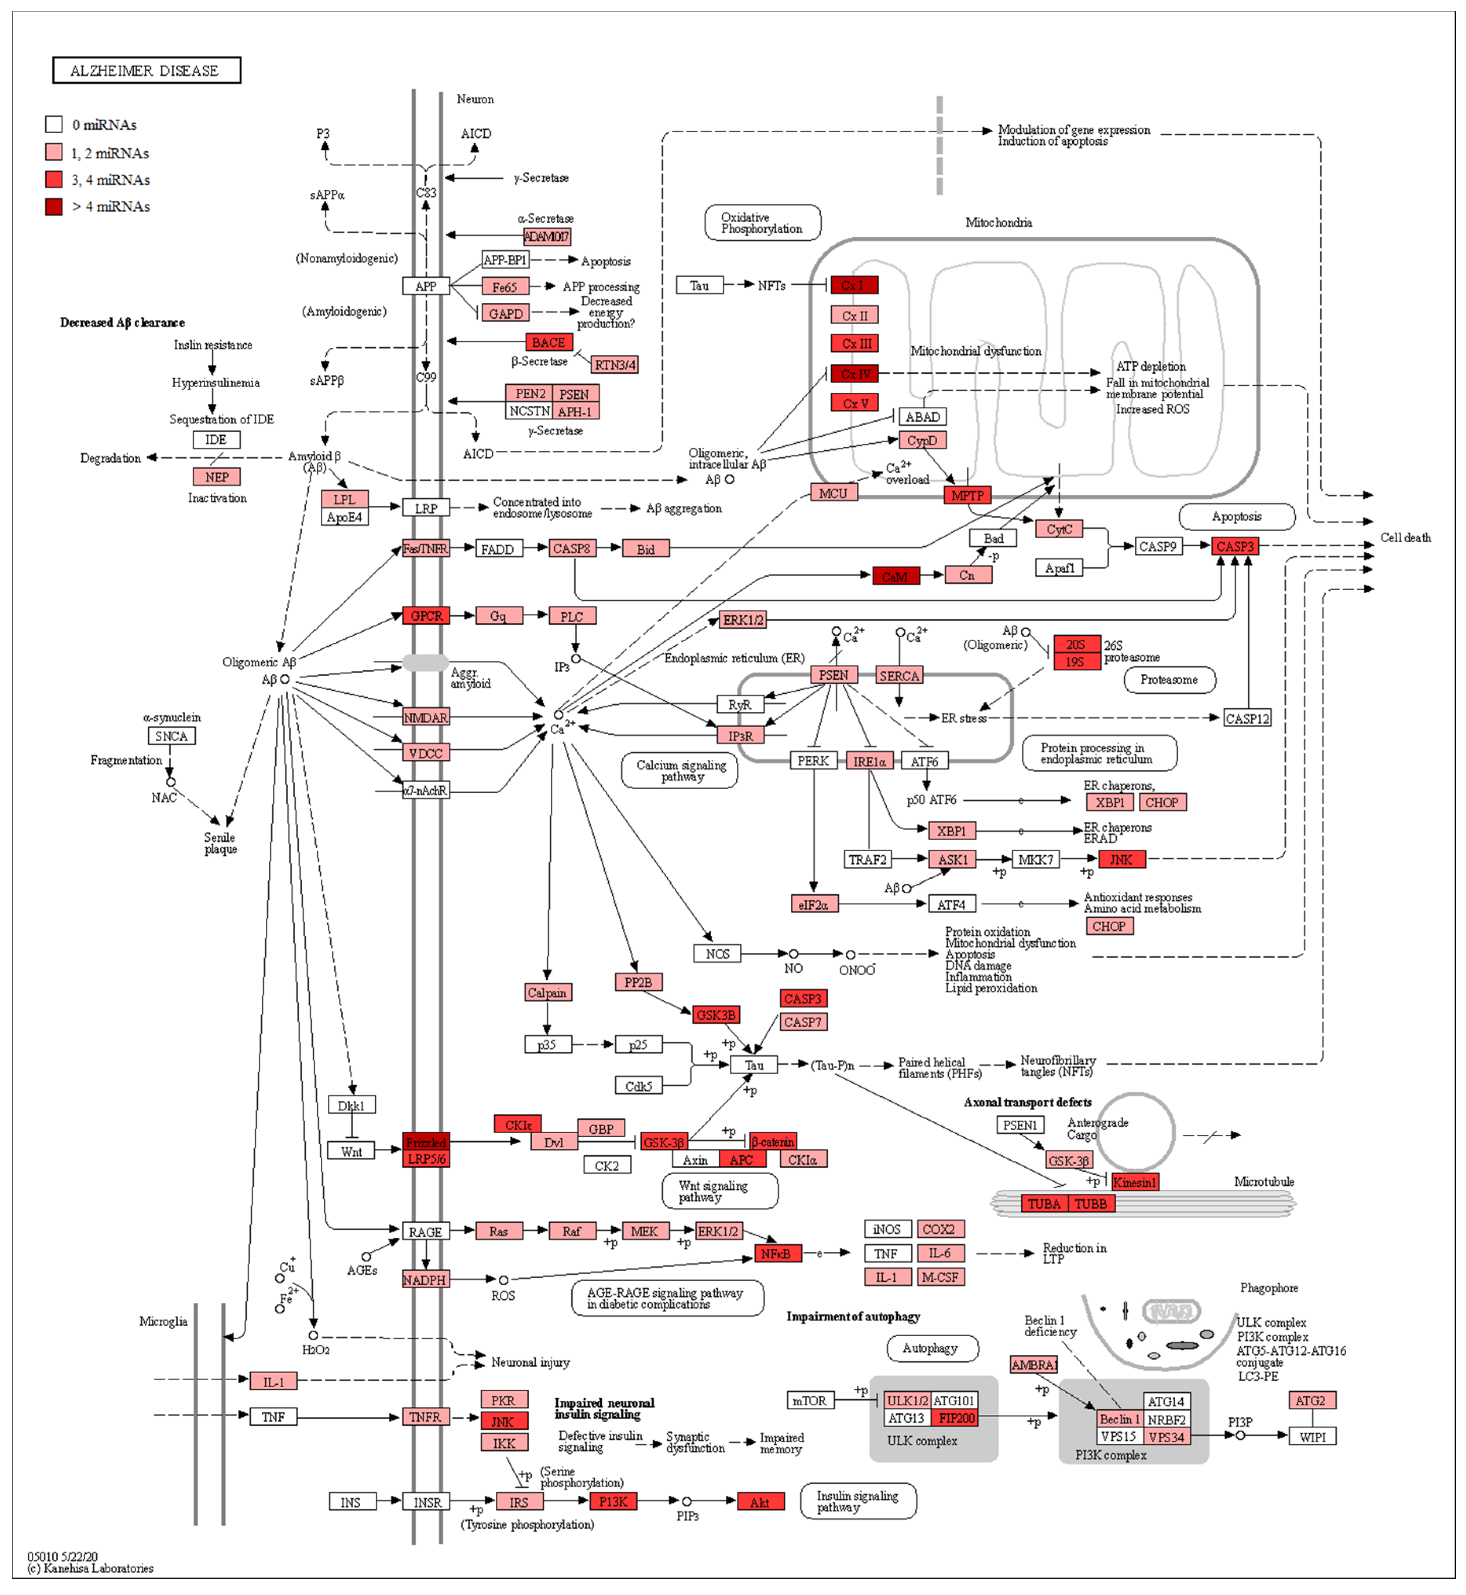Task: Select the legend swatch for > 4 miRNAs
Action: click(54, 206)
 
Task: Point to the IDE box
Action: click(216, 440)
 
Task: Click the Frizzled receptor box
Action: click(426, 1142)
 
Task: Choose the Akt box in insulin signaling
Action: click(760, 1502)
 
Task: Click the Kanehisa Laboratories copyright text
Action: click(91, 1569)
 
